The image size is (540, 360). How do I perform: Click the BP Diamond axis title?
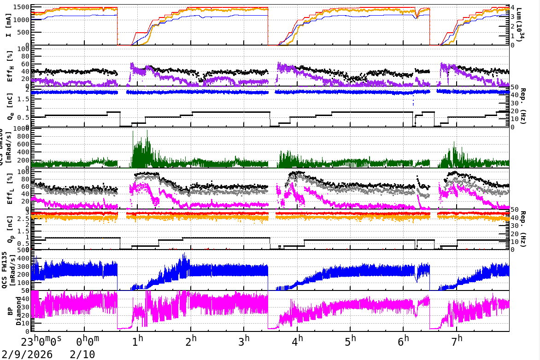[12, 311]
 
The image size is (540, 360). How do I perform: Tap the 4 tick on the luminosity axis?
[513, 7]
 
